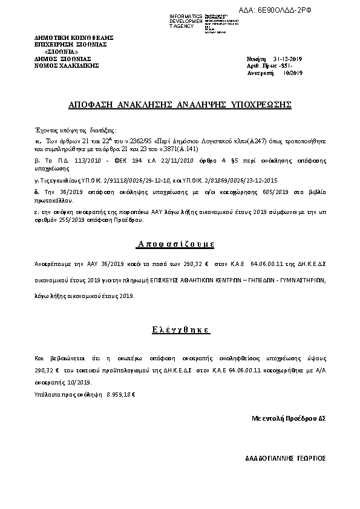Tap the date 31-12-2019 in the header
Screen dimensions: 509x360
click(x=288, y=59)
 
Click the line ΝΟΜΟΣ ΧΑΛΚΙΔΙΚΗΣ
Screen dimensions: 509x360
click(x=67, y=65)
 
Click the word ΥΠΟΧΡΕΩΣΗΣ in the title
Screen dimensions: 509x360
click(x=261, y=105)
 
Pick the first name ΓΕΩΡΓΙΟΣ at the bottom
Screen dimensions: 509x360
click(x=313, y=457)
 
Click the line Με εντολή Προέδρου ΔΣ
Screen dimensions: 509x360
click(x=289, y=418)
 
